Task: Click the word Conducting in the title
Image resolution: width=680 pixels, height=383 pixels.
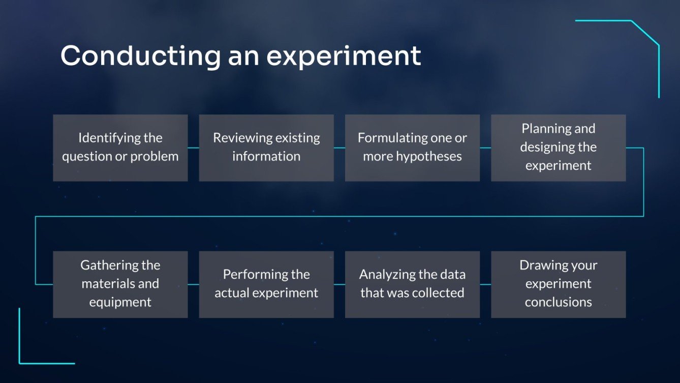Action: tap(141, 56)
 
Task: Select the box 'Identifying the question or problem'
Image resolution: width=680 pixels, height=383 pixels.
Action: tap(120, 148)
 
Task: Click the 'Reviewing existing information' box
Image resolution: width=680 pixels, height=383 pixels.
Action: tap(266, 148)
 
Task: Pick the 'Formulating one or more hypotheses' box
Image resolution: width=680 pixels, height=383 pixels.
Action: tap(412, 148)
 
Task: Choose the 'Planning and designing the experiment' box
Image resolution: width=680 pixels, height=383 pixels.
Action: tap(558, 148)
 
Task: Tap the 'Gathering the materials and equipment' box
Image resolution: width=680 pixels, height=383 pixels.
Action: tap(120, 285)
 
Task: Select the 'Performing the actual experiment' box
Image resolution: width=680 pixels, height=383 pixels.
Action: tap(266, 285)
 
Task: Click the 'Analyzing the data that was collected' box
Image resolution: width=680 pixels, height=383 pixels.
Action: tap(412, 285)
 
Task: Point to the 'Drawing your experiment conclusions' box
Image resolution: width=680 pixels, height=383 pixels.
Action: tap(558, 285)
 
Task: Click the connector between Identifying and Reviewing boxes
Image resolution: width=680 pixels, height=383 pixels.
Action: tap(193, 148)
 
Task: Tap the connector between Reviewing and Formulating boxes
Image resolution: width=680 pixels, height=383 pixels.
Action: tap(339, 148)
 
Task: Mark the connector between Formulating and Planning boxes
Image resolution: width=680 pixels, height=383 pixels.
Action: tap(485, 148)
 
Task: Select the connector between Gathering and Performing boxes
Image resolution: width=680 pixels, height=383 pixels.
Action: tap(193, 285)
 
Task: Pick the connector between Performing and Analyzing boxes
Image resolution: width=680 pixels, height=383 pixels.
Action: tap(339, 285)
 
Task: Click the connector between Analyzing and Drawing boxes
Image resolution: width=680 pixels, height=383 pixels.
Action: tap(485, 285)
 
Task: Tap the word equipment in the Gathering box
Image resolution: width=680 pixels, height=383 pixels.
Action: tap(120, 303)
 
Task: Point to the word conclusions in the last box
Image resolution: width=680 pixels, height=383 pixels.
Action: tap(558, 302)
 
